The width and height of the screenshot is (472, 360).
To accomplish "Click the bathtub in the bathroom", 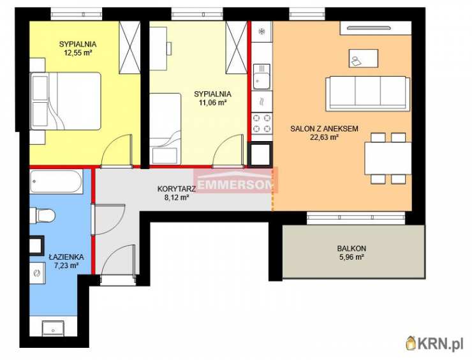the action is pyautogui.click(x=56, y=181).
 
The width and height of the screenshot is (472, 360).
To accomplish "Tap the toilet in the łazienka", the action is pyautogui.click(x=43, y=215).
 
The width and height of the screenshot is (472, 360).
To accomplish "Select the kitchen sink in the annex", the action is pyautogui.click(x=262, y=77).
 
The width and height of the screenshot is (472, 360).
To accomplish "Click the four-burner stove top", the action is pyautogui.click(x=262, y=123).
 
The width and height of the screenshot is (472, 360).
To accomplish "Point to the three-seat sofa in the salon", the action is pyautogui.click(x=368, y=93).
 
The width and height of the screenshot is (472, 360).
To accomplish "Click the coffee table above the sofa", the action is pyautogui.click(x=364, y=58).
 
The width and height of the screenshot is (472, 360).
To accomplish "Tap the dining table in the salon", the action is pyautogui.click(x=388, y=158).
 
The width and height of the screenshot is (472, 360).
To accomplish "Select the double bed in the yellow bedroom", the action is pyautogui.click(x=65, y=101).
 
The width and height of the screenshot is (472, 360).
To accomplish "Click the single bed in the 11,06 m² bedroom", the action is pyautogui.click(x=165, y=129).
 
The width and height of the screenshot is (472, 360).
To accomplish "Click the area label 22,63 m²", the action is pyautogui.click(x=325, y=137).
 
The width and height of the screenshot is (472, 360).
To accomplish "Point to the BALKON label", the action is pyautogui.click(x=351, y=248).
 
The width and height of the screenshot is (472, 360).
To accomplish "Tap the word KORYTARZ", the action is pyautogui.click(x=177, y=189).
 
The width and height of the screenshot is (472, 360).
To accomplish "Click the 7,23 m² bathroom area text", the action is pyautogui.click(x=66, y=266).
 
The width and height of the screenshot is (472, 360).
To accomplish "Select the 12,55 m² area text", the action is pyautogui.click(x=78, y=53).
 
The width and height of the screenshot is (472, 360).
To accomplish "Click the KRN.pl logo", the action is pyautogui.click(x=435, y=343).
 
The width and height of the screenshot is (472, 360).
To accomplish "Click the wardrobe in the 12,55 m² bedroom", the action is pyautogui.click(x=129, y=47).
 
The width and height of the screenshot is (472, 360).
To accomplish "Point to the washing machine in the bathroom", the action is pyautogui.click(x=38, y=273).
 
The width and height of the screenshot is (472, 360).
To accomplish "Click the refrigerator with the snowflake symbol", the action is pyautogui.click(x=262, y=31).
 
